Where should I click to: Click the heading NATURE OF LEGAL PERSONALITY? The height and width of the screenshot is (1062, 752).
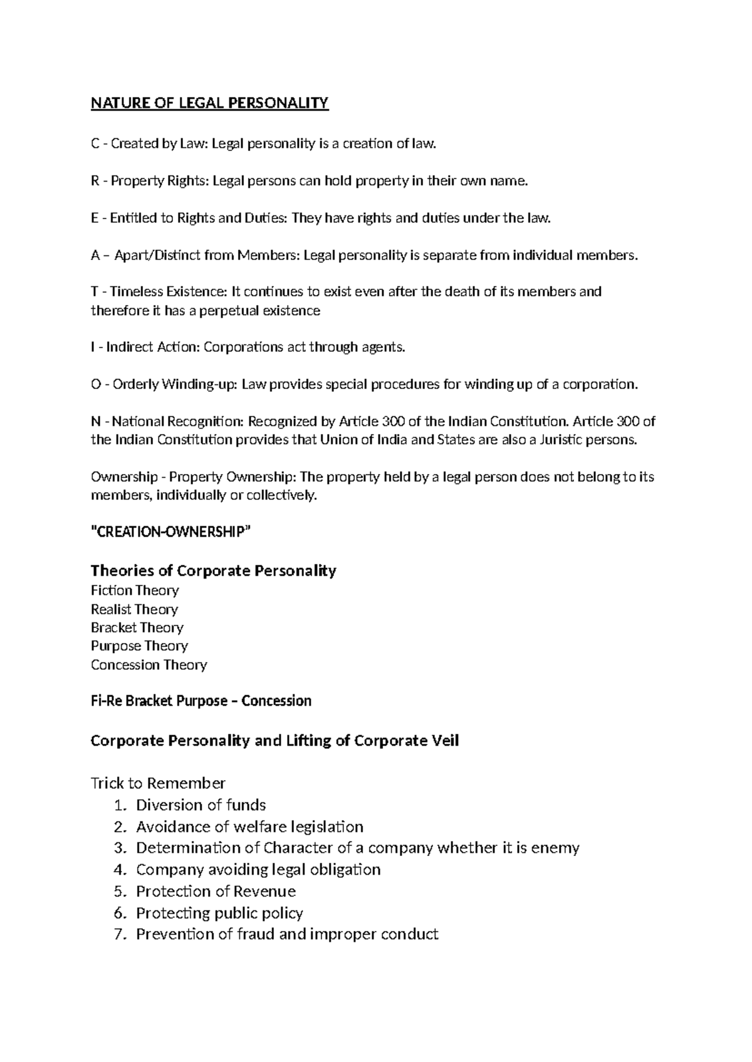click(209, 103)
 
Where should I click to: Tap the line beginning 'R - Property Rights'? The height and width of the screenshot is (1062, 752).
click(310, 181)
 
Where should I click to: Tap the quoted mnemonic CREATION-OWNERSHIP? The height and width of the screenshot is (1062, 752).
click(170, 532)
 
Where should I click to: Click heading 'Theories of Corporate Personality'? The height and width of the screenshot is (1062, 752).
click(213, 570)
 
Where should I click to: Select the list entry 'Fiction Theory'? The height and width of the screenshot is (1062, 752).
click(135, 590)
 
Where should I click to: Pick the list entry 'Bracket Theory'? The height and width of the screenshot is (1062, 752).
click(137, 627)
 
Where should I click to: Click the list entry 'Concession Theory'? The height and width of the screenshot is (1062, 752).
click(149, 664)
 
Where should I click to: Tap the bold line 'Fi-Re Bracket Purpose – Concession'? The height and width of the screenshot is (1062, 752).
click(201, 701)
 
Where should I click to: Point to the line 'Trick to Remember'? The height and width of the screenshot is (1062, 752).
click(158, 783)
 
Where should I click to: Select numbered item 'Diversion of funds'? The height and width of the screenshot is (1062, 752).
click(201, 805)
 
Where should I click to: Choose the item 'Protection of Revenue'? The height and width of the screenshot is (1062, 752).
click(216, 891)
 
